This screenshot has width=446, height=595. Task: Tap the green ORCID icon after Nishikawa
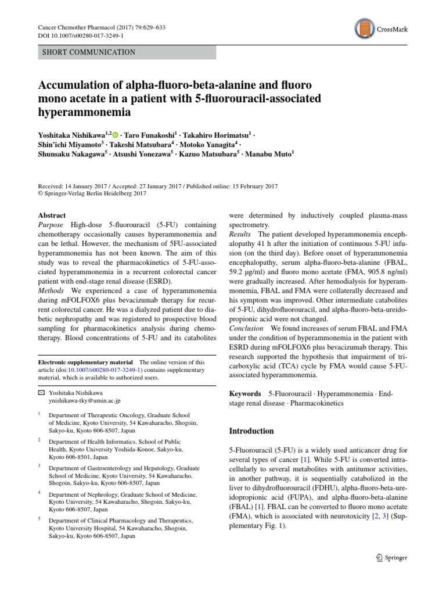123,135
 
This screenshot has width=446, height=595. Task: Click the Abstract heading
52,215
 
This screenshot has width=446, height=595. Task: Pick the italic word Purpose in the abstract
51,225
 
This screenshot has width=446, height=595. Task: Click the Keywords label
245,394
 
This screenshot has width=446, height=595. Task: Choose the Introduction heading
251,431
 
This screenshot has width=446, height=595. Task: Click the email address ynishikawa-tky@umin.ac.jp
84,400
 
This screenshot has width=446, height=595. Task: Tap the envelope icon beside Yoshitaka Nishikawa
41,392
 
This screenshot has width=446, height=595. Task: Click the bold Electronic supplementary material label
85,362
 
